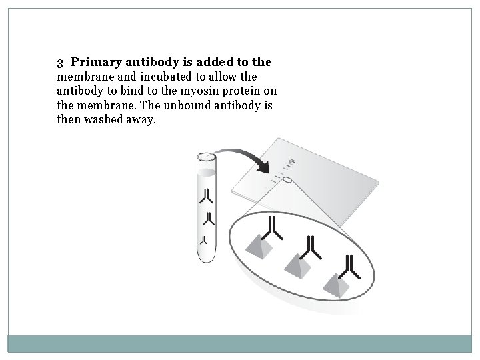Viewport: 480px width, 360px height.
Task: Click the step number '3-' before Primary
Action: click(x=62, y=63)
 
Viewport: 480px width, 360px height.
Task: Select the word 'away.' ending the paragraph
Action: click(x=141, y=121)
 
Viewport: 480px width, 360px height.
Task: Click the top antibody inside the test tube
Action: click(x=207, y=195)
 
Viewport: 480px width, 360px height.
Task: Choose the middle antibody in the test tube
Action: click(x=208, y=219)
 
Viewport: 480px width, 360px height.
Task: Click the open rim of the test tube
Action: click(x=206, y=158)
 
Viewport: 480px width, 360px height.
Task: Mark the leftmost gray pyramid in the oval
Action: click(x=259, y=251)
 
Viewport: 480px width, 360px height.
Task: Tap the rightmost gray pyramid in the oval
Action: click(x=335, y=284)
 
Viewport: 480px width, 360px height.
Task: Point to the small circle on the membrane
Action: click(x=287, y=179)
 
